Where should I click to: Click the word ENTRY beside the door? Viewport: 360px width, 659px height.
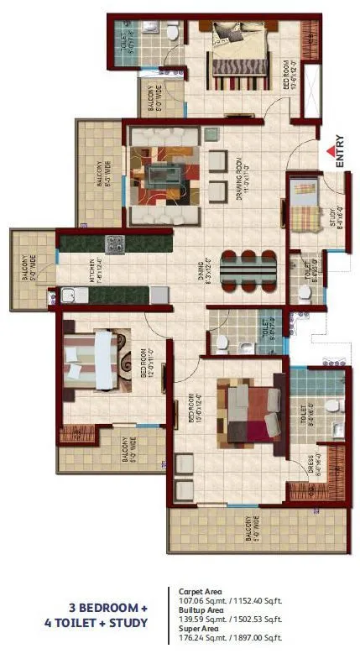[x=341, y=153]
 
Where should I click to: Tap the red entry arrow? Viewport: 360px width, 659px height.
[x=329, y=151]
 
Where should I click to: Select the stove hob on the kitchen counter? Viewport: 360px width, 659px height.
[x=114, y=244]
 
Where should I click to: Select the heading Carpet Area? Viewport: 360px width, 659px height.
[x=196, y=590]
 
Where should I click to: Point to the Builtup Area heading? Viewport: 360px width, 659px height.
[x=197, y=610]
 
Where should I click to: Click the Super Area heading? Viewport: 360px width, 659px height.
[x=194, y=630]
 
